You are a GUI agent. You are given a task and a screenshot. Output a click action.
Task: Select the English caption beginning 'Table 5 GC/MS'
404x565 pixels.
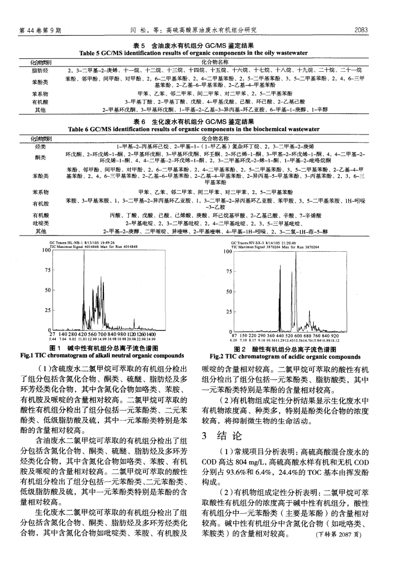pyautogui.click(x=201, y=53)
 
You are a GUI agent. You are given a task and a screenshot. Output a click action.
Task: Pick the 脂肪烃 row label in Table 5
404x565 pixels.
pyautogui.click(x=41, y=70)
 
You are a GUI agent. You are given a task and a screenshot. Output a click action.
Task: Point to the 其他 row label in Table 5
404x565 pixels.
pyautogui.click(x=41, y=109)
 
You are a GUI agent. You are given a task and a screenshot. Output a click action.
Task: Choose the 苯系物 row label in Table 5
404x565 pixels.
pyautogui.click(x=41, y=93)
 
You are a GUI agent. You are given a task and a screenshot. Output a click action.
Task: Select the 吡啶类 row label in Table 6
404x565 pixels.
pyautogui.click(x=41, y=223)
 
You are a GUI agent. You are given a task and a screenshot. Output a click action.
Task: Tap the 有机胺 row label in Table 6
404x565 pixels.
pyautogui.click(x=41, y=204)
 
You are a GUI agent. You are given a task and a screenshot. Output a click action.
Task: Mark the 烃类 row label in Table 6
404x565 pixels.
pyautogui.click(x=41, y=145)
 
